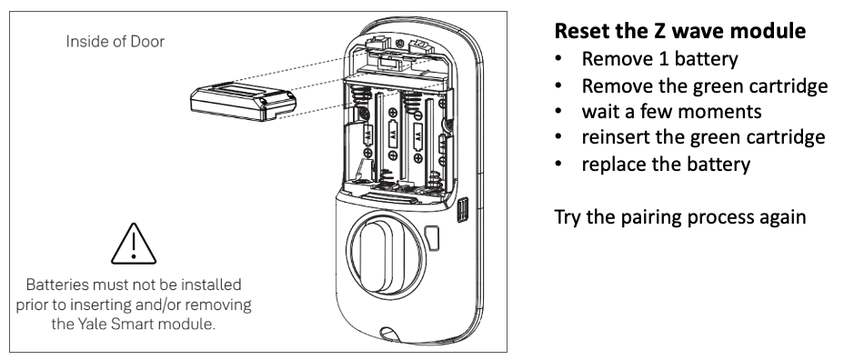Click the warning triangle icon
(134, 244)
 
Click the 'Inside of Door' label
(116, 41)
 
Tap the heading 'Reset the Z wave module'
(680, 30)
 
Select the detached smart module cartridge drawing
(243, 101)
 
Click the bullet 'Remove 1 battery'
(659, 59)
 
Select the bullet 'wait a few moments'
(672, 112)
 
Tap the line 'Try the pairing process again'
(680, 217)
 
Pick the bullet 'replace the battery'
(666, 164)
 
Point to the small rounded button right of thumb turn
(433, 238)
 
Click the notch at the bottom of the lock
(389, 333)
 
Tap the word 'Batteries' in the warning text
(57, 285)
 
